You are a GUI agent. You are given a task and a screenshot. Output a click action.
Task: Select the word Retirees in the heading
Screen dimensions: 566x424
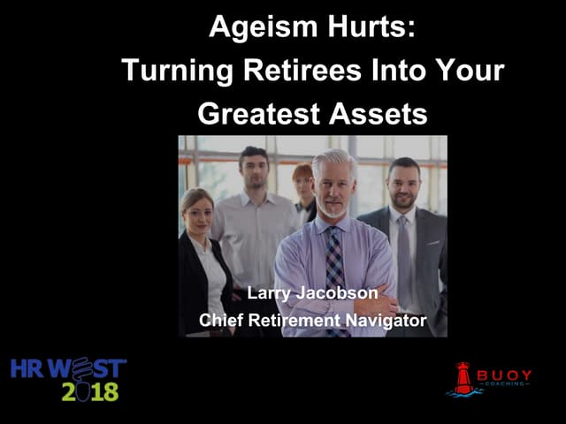point(302,70)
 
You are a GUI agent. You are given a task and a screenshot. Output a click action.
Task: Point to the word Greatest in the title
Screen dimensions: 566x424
point(259,114)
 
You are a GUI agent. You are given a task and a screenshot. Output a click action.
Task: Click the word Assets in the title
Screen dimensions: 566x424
point(378,114)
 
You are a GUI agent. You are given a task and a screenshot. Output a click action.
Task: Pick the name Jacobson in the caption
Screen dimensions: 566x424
point(337,292)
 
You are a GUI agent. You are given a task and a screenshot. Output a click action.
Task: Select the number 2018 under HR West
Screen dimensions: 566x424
point(90,391)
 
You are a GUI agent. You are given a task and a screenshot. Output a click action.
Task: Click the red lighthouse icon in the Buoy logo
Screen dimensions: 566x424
point(463,378)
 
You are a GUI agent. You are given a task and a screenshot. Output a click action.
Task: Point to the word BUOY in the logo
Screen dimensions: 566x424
point(504,375)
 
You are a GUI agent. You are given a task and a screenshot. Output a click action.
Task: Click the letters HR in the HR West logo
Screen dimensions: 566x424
point(27,368)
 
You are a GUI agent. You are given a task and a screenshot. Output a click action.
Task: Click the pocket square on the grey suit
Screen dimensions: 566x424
point(432,244)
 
